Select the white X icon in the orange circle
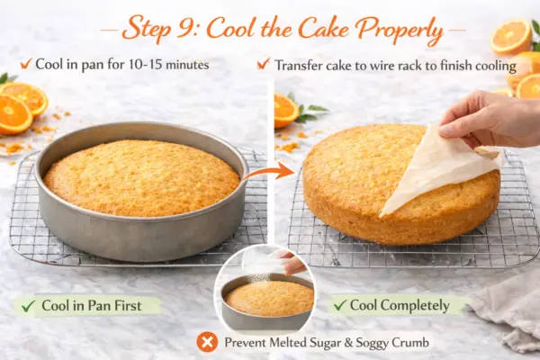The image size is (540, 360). (207, 342)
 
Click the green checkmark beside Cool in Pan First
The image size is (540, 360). (28, 305)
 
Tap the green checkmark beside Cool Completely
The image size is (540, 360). (339, 305)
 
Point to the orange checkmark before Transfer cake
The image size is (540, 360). (264, 64)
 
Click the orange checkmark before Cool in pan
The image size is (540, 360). (26, 63)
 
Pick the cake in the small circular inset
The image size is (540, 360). (269, 297)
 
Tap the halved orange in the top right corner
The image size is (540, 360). (511, 36)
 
